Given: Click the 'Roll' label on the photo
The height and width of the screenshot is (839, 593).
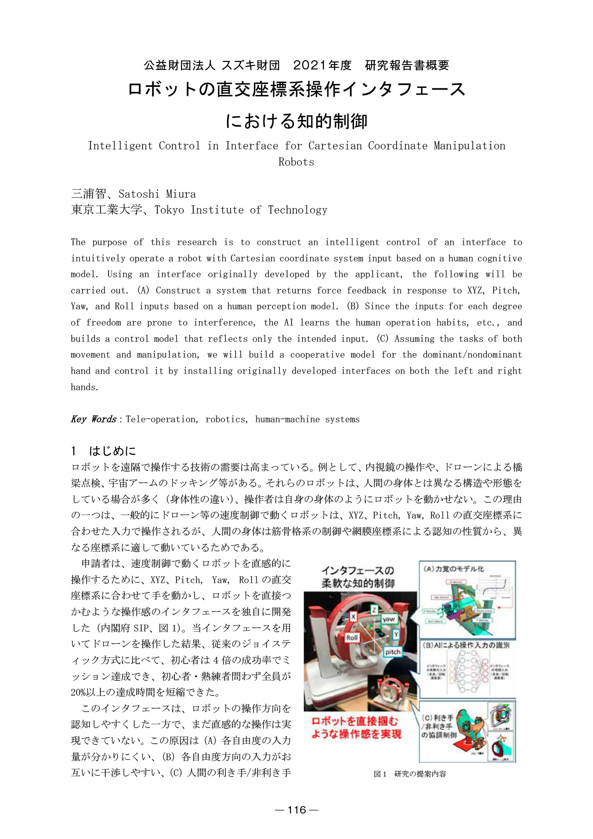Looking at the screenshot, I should pyautogui.click(x=352, y=637).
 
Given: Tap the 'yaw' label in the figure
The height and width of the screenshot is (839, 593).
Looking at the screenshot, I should pyautogui.click(x=388, y=619).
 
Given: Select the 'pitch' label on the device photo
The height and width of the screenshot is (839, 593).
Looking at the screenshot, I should pyautogui.click(x=392, y=652).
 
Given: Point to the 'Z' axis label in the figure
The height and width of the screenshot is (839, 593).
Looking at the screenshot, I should pyautogui.click(x=374, y=610).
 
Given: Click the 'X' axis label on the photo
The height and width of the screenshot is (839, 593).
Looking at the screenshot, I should pyautogui.click(x=353, y=617).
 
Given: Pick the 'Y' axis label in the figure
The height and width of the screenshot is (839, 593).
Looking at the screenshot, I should pyautogui.click(x=396, y=634).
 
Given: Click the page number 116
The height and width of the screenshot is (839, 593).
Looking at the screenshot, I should pyautogui.click(x=296, y=810).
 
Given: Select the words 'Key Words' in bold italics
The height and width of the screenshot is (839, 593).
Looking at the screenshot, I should pyautogui.click(x=94, y=419).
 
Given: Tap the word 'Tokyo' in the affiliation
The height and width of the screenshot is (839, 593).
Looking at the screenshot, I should pyautogui.click(x=169, y=210).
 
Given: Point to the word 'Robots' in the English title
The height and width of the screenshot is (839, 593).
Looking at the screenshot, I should pyautogui.click(x=296, y=162).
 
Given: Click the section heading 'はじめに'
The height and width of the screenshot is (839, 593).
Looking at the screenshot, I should pyautogui.click(x=112, y=450).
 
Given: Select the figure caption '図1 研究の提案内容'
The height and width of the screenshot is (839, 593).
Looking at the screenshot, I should pyautogui.click(x=409, y=774).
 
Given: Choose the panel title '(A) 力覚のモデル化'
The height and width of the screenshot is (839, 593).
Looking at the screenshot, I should pyautogui.click(x=453, y=569).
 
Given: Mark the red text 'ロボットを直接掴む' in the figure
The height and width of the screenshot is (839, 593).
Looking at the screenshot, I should pyautogui.click(x=355, y=721).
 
